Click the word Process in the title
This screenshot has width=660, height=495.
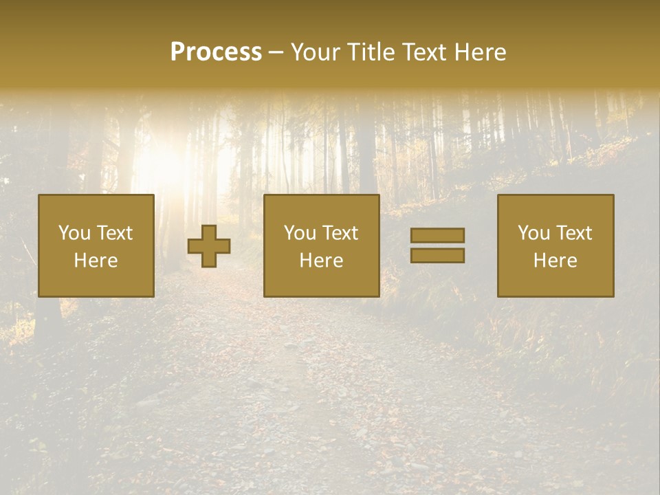pyautogui.click(x=216, y=52)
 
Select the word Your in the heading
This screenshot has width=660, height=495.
pyautogui.click(x=316, y=52)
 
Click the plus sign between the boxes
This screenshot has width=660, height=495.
pyautogui.click(x=209, y=245)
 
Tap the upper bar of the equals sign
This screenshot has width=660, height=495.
pyautogui.click(x=437, y=235)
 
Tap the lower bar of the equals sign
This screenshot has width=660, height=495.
pyautogui.click(x=437, y=256)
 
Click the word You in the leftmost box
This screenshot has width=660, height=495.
pyautogui.click(x=74, y=233)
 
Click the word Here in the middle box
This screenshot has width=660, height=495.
pyautogui.click(x=322, y=261)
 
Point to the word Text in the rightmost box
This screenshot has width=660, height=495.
pyautogui.click(x=574, y=233)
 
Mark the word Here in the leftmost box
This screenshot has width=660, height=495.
pyautogui.click(x=96, y=261)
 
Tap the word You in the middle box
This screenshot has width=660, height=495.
pyautogui.click(x=300, y=233)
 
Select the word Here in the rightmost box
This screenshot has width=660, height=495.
pyautogui.click(x=555, y=261)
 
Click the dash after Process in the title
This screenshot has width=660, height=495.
pyautogui.click(x=276, y=54)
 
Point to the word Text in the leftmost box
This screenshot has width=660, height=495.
pyautogui.click(x=115, y=233)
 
